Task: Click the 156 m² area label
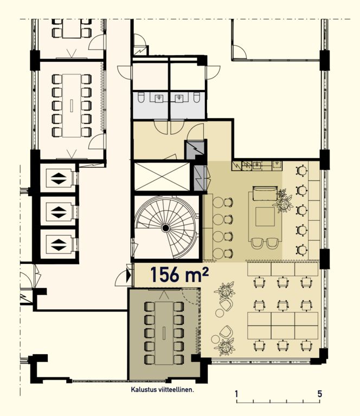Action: tap(180, 274)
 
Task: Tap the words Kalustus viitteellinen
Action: tap(162, 390)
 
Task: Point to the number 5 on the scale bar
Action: tap(320, 394)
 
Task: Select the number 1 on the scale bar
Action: tap(236, 394)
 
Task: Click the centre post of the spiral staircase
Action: tap(166, 227)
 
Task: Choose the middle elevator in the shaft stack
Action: tap(59, 212)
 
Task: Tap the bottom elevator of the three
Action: tap(59, 245)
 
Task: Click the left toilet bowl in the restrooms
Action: tap(141, 97)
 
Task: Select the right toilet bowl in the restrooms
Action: tap(197, 97)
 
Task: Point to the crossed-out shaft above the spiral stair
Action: tap(162, 177)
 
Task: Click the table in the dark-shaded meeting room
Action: tap(164, 333)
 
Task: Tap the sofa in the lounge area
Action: tap(265, 193)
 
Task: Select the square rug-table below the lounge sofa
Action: tap(265, 217)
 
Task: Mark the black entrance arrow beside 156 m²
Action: tap(128, 276)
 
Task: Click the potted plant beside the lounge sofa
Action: tap(284, 201)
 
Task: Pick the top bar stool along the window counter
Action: tap(301, 170)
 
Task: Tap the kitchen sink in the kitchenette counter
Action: tap(257, 166)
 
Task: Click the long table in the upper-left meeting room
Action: tap(72, 106)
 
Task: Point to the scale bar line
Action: tap(278, 402)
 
